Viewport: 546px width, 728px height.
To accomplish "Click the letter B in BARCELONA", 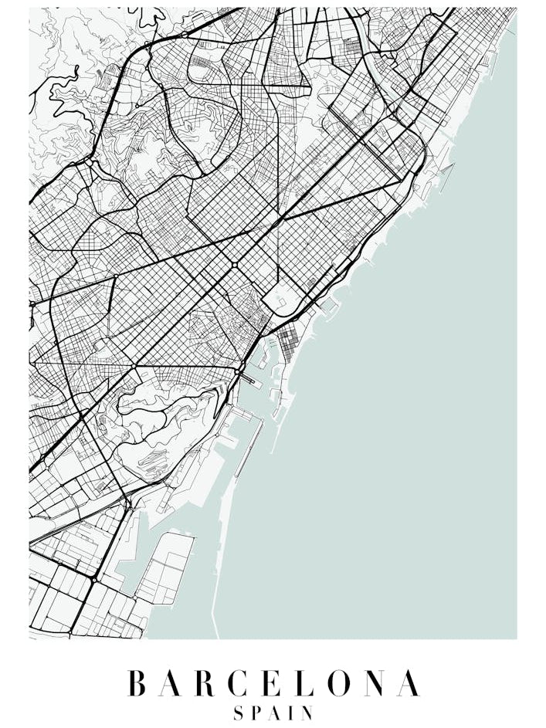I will coord(137,684).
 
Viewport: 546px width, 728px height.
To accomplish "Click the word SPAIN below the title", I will coord(273,713).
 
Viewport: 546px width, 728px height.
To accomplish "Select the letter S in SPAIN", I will coord(239,713).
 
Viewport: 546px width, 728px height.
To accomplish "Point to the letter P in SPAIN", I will coord(257,713).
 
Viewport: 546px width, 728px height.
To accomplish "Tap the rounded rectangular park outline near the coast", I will coord(278,296).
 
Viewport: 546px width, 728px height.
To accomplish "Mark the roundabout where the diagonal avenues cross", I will coord(234,265).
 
